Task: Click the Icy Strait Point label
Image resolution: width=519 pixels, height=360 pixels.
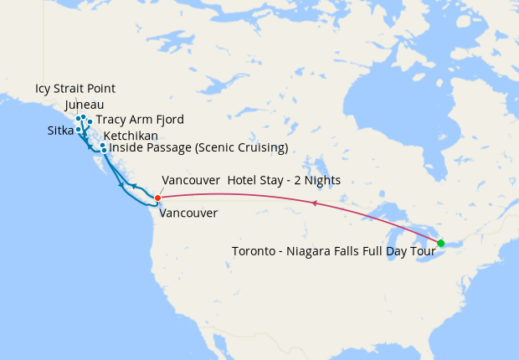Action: (75, 89)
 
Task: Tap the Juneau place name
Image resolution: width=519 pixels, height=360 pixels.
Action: (84, 105)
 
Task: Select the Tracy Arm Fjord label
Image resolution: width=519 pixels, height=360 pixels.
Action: (140, 120)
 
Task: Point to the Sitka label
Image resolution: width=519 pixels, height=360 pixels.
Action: (60, 131)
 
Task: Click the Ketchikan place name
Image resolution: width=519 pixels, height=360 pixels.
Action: (131, 136)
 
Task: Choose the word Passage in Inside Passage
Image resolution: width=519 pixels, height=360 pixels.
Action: (167, 148)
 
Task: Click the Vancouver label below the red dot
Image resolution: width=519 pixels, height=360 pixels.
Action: (188, 213)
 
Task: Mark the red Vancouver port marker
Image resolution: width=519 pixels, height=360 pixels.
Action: (158, 198)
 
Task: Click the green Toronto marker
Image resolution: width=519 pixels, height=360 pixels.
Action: (441, 243)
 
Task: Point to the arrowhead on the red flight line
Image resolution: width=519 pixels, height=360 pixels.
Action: (314, 203)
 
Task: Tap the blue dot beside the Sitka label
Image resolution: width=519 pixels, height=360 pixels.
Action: (78, 130)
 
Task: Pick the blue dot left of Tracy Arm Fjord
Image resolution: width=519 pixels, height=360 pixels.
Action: (90, 122)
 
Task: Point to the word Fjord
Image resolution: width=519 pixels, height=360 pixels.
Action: (168, 120)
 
